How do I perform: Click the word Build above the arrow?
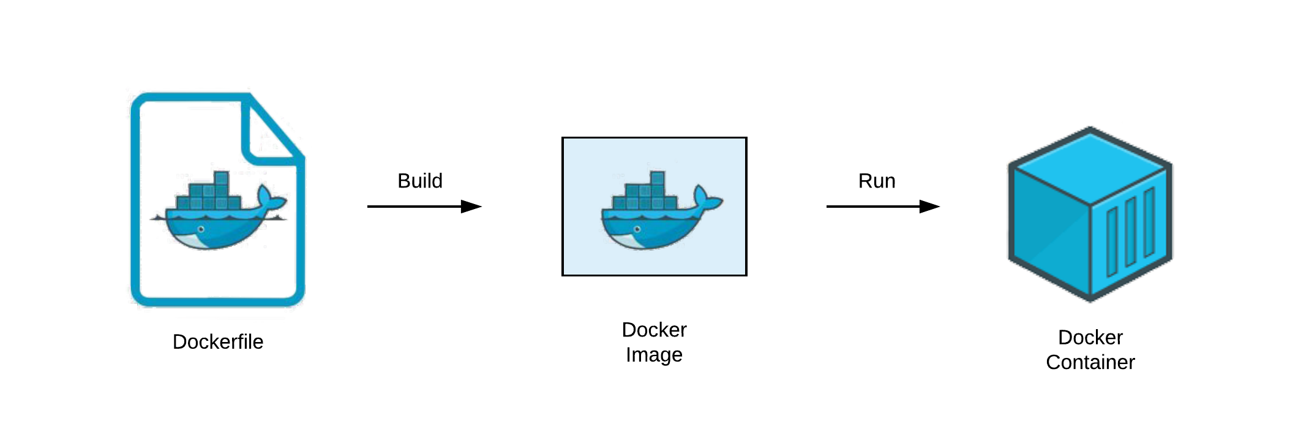tap(419, 181)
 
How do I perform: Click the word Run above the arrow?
tap(876, 181)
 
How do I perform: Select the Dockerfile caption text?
tap(218, 341)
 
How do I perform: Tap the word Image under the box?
tap(654, 355)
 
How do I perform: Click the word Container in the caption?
tap(1090, 362)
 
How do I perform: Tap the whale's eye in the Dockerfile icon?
tap(201, 229)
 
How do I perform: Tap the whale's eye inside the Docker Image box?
tap(637, 229)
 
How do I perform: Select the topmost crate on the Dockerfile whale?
tap(221, 178)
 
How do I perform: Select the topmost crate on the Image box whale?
tap(658, 178)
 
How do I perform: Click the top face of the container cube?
tap(1090, 164)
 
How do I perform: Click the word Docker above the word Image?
tap(654, 330)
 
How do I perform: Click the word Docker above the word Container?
tap(1090, 337)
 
